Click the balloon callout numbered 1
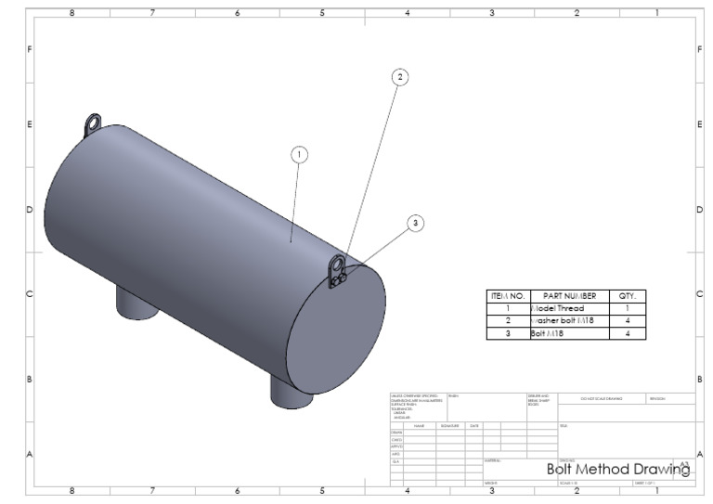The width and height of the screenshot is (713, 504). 299,155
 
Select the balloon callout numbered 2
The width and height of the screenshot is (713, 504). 400,77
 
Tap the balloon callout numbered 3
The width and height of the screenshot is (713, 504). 415,223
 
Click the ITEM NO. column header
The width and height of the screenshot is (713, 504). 508,296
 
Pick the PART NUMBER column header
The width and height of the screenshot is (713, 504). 568,296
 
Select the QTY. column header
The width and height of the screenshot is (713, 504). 627,296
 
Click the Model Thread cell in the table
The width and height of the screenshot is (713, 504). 568,308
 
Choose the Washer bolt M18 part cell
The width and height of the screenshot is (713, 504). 568,320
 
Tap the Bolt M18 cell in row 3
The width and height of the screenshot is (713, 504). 568,333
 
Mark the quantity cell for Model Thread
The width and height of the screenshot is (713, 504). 627,308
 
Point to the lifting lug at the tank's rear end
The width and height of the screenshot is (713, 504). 93,123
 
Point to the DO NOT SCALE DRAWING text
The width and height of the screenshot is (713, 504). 602,398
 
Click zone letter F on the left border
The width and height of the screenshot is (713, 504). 29,48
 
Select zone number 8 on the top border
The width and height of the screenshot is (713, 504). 71,13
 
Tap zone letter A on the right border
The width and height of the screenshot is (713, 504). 699,454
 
